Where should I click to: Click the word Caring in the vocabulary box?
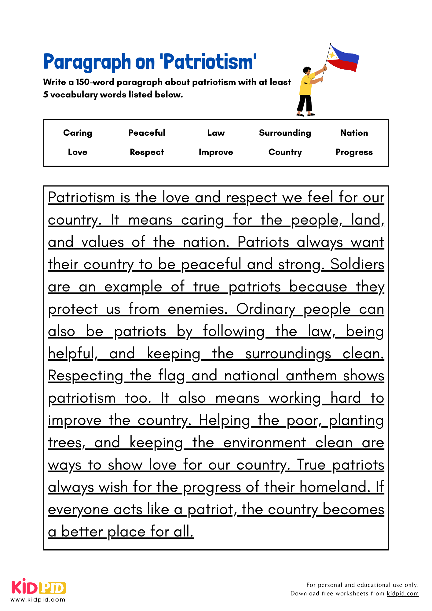coord(78,133)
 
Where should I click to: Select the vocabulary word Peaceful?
coord(147,133)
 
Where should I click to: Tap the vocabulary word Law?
coord(216,133)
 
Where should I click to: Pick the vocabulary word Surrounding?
coord(285,133)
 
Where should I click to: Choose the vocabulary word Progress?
coord(354,152)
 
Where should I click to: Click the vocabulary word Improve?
coord(216,152)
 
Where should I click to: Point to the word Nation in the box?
coord(354,133)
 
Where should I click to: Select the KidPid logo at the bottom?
coord(38,587)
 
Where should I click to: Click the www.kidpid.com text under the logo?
coord(38,600)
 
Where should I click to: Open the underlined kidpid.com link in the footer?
coord(402,594)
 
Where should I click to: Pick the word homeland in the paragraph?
coord(333,487)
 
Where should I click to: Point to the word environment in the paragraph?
coord(264,443)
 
